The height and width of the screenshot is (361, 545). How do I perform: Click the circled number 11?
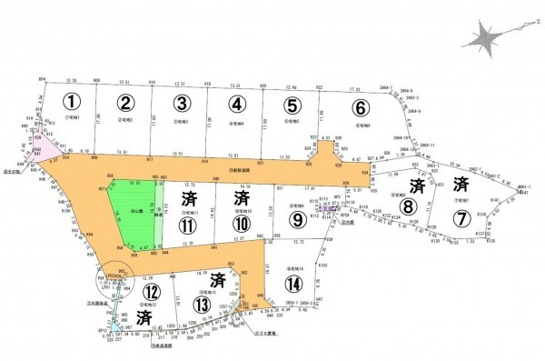coord(189,224)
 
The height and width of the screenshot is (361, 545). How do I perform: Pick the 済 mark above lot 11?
coord(189,198)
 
